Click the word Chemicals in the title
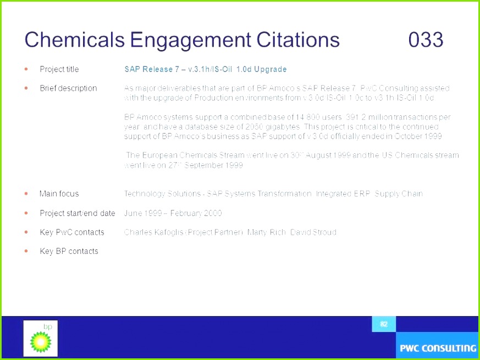pyautogui.click(x=74, y=40)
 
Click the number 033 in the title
pyautogui.click(x=426, y=40)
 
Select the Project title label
pyautogui.click(x=59, y=69)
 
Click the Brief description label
pyautogui.click(x=68, y=88)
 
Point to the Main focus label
pyautogui.click(x=59, y=193)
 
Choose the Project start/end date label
pyautogui.click(x=78, y=213)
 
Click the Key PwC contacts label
pyautogui.click(x=71, y=232)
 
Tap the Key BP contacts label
pyautogui.click(x=69, y=251)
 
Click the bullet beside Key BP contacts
pyautogui.click(x=26, y=251)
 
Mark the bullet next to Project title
pyautogui.click(x=26, y=69)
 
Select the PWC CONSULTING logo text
pyautogui.click(x=438, y=348)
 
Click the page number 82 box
pyautogui.click(x=384, y=324)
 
